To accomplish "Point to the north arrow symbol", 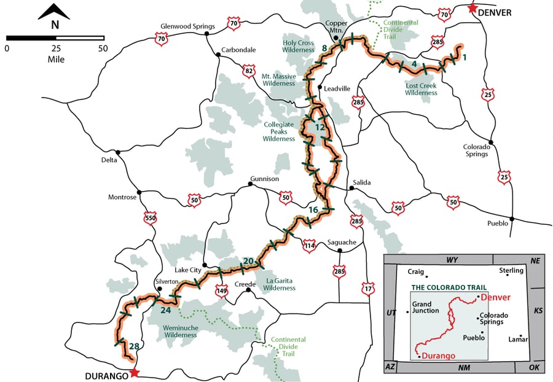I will pos(54,14).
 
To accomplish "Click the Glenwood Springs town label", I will pos(187,26).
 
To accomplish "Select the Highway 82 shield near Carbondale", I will pos(249,71).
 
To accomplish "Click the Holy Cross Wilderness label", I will pos(298,47).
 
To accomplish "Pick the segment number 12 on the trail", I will pos(320,127).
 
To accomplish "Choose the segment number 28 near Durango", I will pos(134,347).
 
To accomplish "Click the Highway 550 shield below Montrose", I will pos(150,217).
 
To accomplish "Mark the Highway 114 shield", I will pos(309,245).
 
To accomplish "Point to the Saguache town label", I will pos(342,242).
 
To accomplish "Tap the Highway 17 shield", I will pos(368,287).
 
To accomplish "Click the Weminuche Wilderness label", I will pos(181,332).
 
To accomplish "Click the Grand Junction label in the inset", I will pos(425,306).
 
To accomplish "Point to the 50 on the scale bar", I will pos(102,48).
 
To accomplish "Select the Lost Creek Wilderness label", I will pos(421,89).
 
